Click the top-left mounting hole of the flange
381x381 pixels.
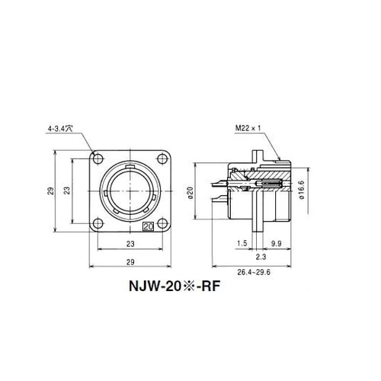98,159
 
